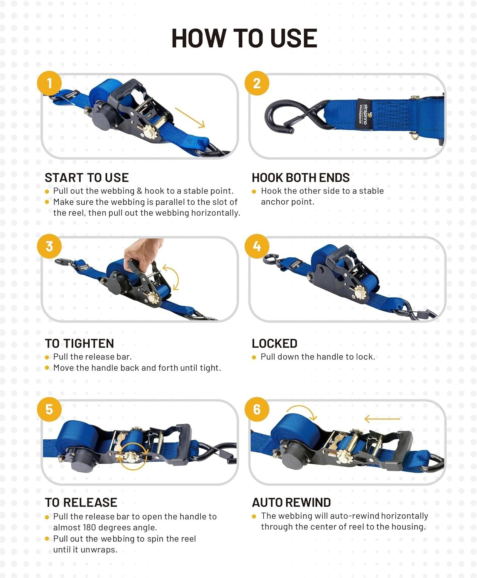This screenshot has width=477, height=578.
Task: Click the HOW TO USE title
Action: (x=244, y=38)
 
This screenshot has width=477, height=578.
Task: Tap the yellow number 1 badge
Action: (x=49, y=83)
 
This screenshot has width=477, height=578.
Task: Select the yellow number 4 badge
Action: (x=257, y=246)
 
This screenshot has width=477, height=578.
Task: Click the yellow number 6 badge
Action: (x=257, y=409)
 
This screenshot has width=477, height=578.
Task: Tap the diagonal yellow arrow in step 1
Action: (x=189, y=118)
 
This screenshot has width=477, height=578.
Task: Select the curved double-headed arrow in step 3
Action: (x=172, y=277)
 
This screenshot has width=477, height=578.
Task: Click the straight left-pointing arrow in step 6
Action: (x=382, y=418)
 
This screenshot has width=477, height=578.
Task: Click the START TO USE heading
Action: (x=86, y=178)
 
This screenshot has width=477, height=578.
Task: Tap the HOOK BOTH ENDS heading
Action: (x=300, y=178)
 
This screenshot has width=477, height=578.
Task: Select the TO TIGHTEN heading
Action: (x=79, y=343)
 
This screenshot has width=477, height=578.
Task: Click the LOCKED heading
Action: (x=274, y=343)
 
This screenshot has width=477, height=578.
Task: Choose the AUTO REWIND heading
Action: (x=291, y=502)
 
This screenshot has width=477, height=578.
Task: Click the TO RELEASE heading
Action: (x=81, y=502)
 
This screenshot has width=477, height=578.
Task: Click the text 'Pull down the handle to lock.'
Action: (x=318, y=357)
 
